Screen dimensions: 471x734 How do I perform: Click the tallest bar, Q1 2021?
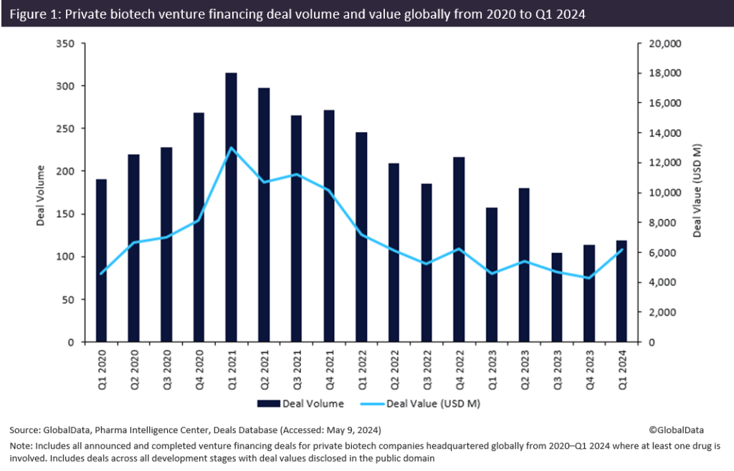(x=231, y=207)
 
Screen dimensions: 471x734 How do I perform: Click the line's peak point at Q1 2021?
(x=231, y=148)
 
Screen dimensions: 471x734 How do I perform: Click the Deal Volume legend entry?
(x=308, y=404)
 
